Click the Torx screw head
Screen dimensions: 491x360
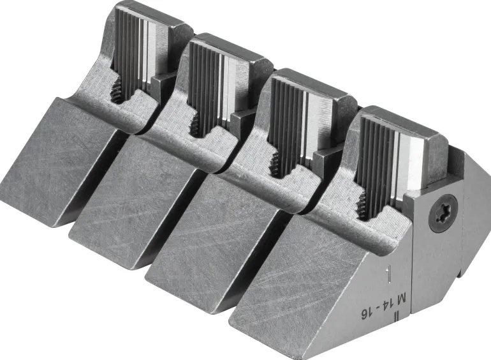(443, 213)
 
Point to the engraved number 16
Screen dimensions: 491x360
(365, 314)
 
